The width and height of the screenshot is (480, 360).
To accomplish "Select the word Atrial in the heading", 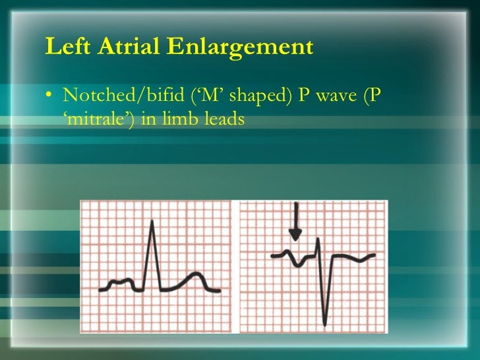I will tap(122, 47).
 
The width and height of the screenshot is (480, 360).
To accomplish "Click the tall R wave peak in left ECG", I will tap(153, 223).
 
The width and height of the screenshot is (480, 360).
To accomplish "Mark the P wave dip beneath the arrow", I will tap(299, 264).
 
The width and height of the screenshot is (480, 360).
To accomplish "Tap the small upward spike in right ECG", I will tap(318, 241).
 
